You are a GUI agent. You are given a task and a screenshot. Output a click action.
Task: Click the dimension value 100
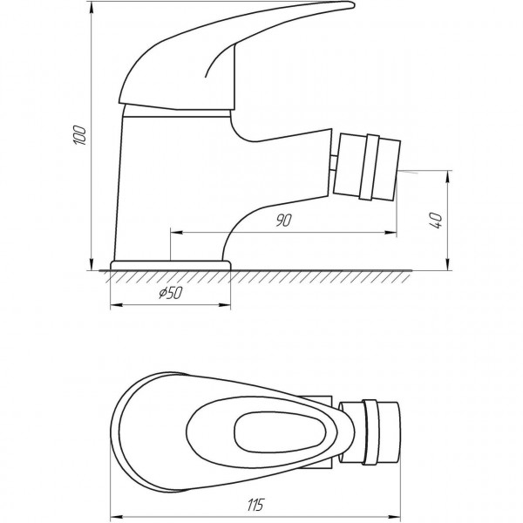pyautogui.click(x=79, y=133)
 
